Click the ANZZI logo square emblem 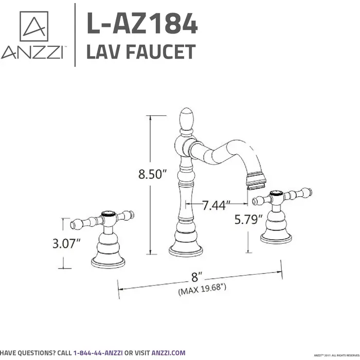[35, 25]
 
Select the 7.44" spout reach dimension [216, 206]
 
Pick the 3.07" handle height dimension [67, 244]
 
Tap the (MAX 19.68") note [202, 289]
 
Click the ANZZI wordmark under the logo [32, 52]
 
